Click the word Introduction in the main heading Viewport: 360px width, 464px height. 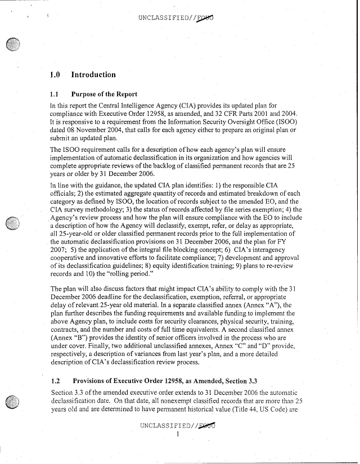[x=93, y=75]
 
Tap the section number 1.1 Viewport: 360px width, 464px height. [x=55, y=93]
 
